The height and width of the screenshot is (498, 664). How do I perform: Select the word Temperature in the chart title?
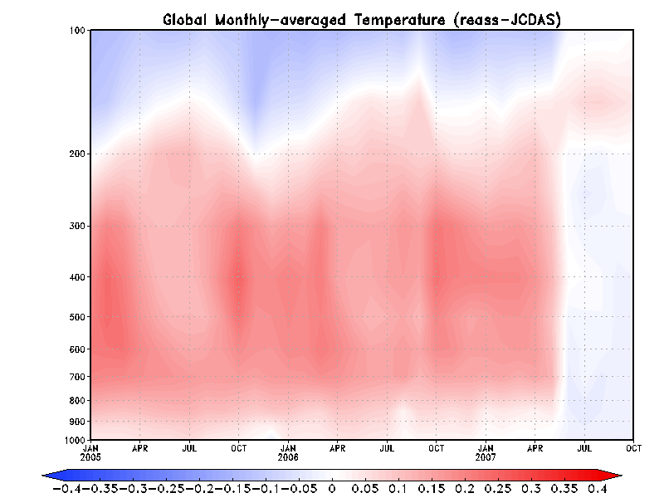399,19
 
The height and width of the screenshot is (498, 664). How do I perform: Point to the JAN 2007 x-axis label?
486,452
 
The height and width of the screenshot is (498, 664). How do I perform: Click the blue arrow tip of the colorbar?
47,475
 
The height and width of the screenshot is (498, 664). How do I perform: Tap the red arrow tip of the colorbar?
617,475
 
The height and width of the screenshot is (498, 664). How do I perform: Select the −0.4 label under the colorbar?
66,490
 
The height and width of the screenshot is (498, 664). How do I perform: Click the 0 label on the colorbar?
332,490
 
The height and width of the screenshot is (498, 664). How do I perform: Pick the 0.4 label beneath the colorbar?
597,490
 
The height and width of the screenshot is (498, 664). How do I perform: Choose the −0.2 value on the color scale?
198,490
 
